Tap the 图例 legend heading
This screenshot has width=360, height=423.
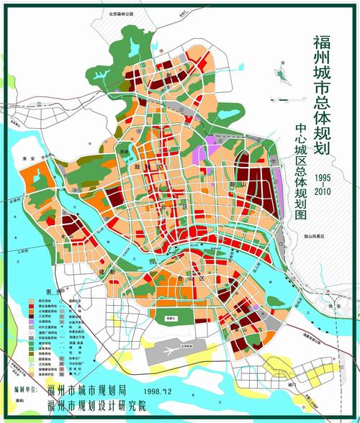point(51,292)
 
